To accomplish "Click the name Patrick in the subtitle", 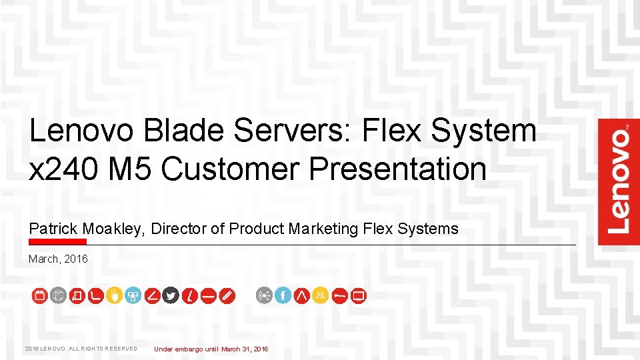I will [50, 229].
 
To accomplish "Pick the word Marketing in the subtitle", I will [323, 229].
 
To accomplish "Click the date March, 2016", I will [58, 259].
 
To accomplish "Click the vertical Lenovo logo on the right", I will [619, 181].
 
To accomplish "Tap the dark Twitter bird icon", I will [171, 295].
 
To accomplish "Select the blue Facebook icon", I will [283, 295].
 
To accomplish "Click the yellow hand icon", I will [114, 295].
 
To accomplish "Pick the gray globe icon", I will [58, 295].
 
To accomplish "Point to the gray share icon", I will [265, 295].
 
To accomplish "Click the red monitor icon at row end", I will [359, 295].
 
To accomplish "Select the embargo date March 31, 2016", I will [245, 349].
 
